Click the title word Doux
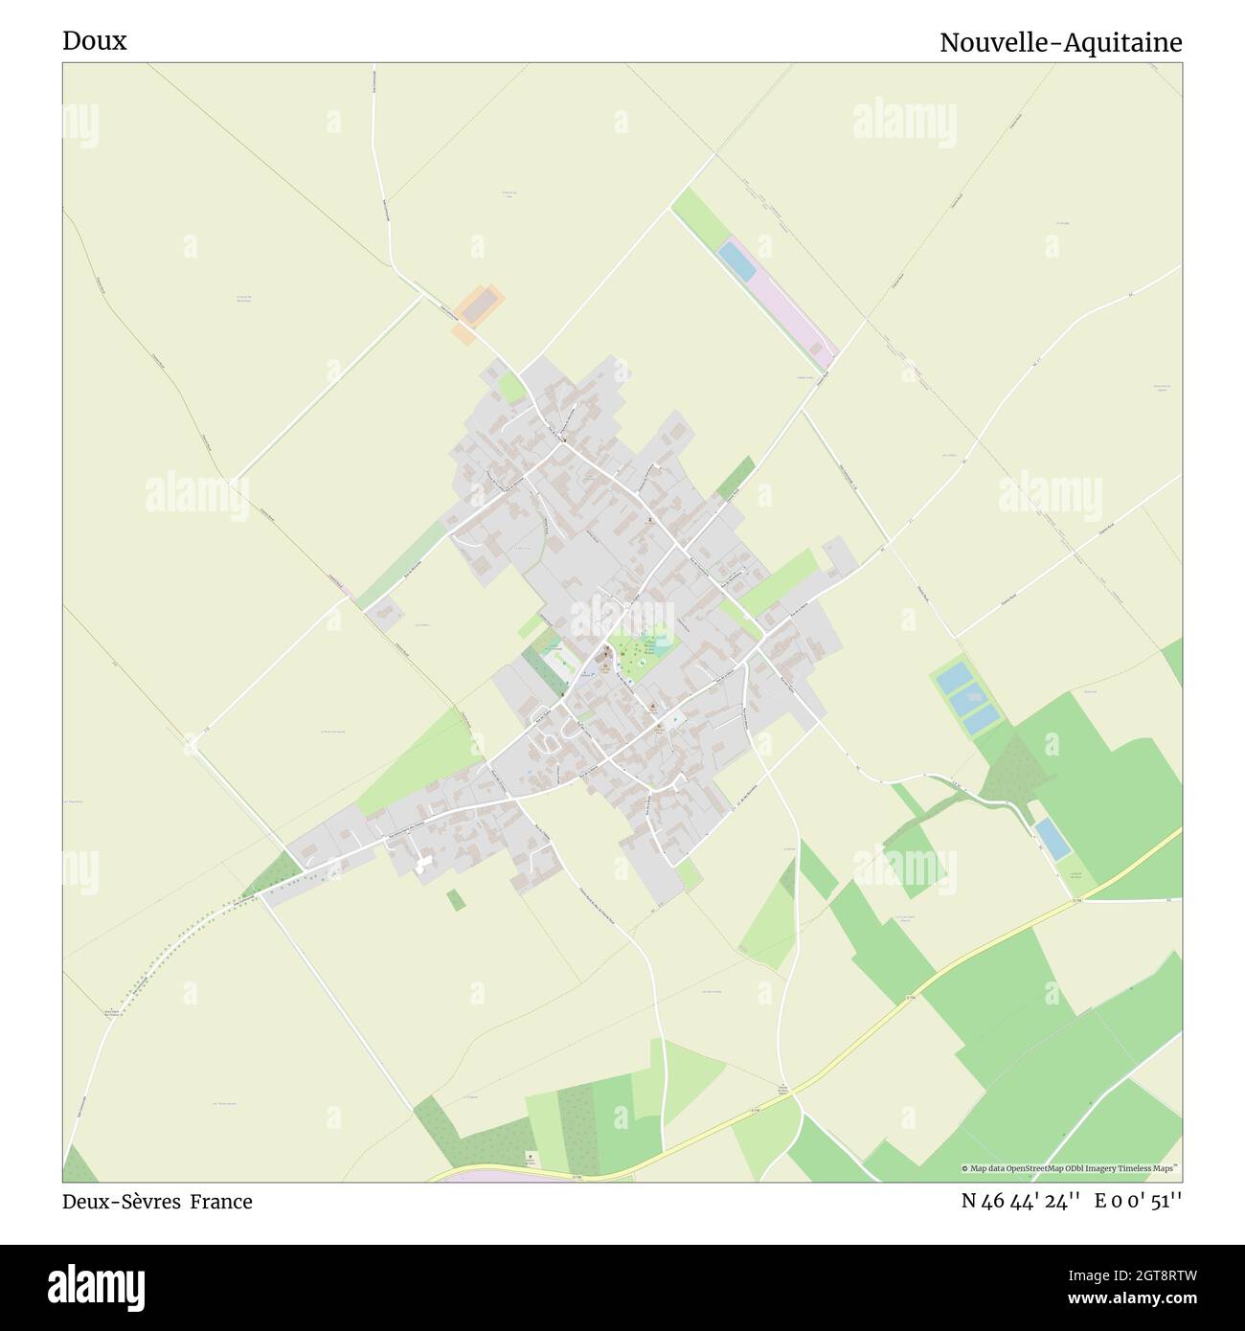click(94, 41)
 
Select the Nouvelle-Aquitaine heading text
click(1060, 43)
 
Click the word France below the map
click(220, 1202)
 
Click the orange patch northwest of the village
click(477, 311)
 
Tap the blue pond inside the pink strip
click(737, 260)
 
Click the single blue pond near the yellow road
click(1051, 838)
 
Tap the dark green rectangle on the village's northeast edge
click(736, 477)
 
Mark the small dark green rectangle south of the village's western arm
click(456, 899)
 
